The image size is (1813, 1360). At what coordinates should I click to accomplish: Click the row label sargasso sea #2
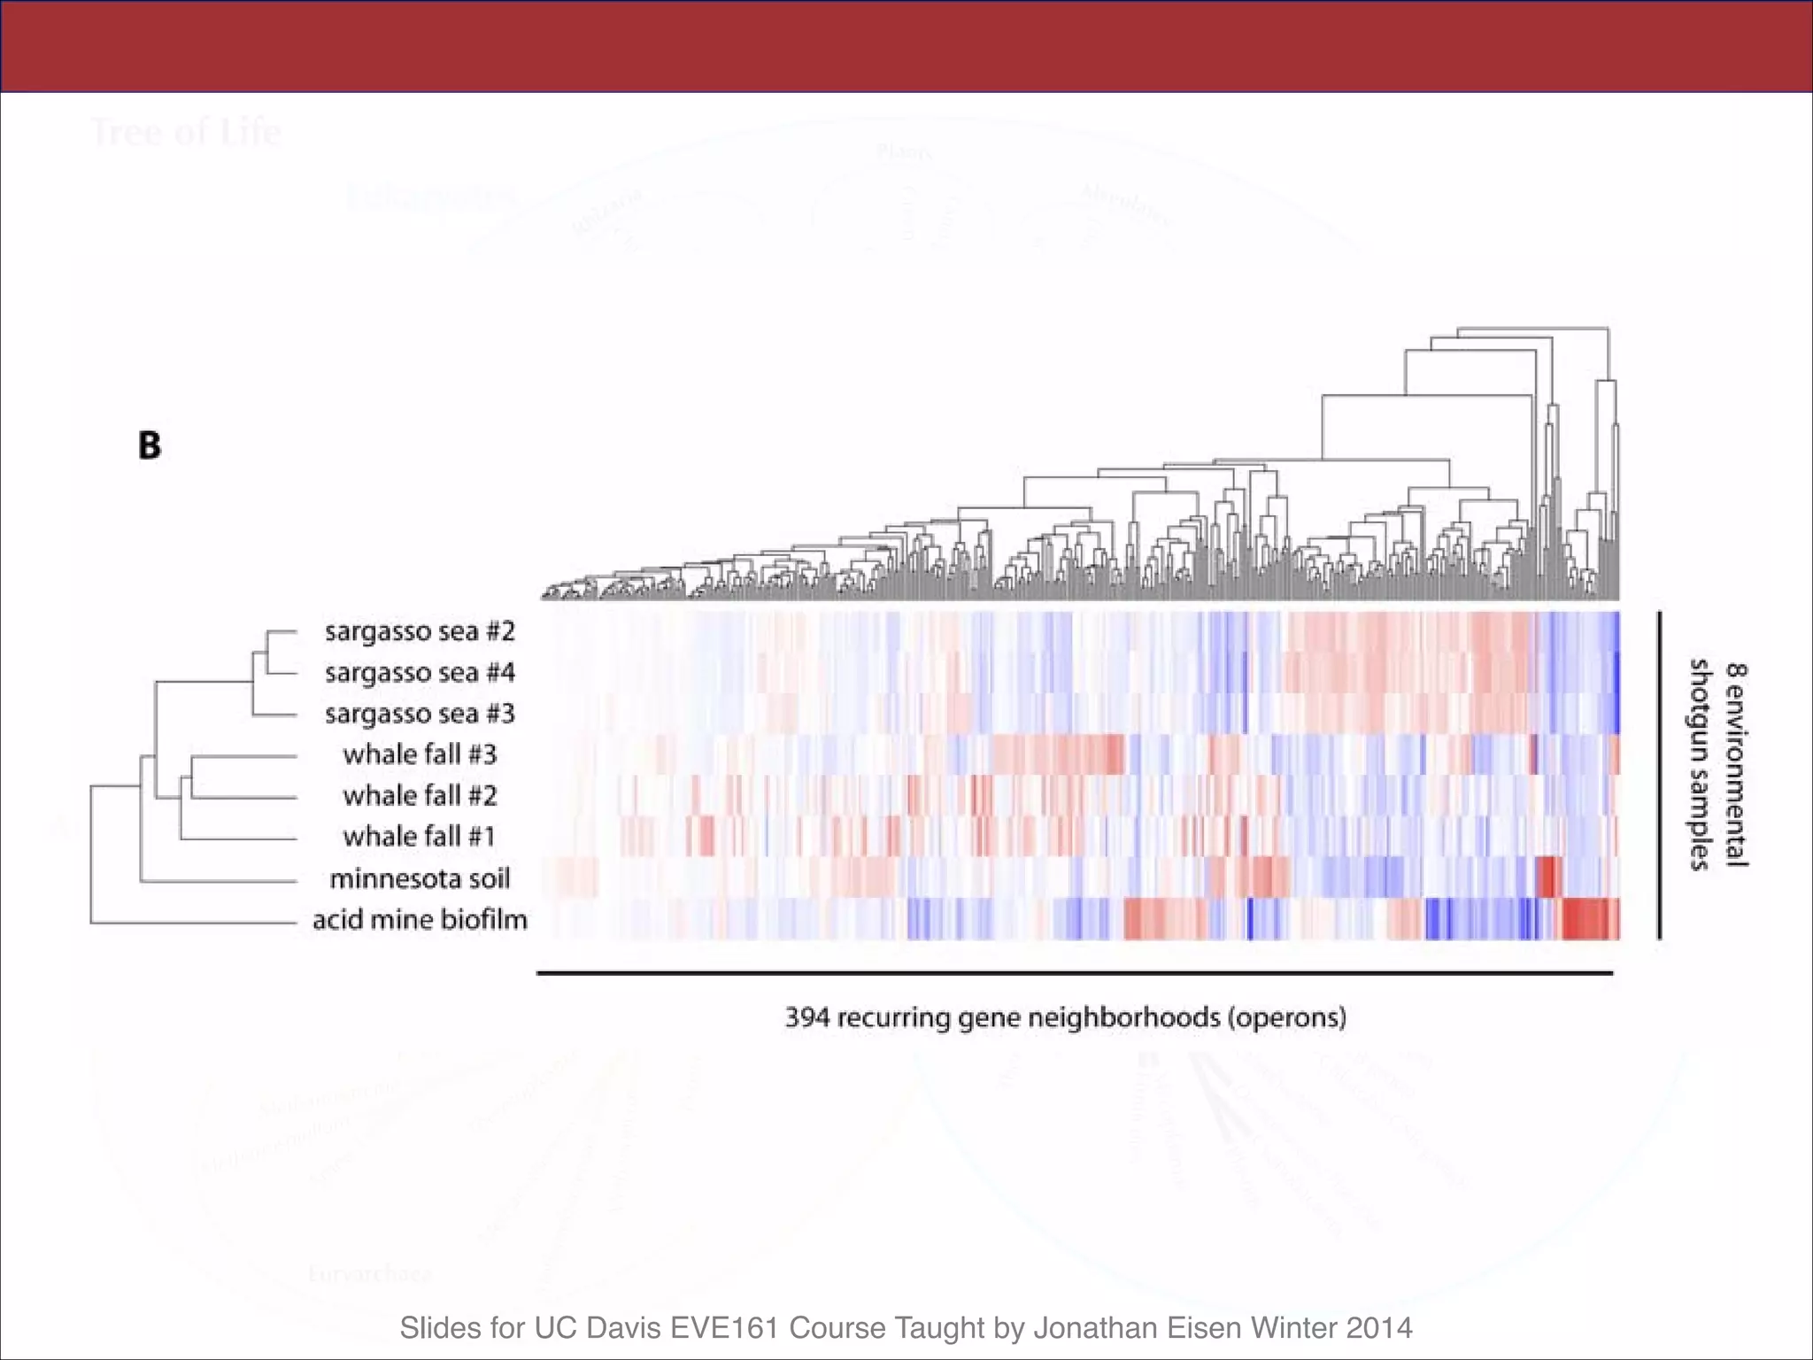[x=420, y=631]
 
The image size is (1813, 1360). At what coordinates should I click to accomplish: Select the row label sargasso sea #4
[x=420, y=673]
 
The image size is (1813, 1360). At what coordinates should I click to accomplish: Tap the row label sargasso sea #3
[x=420, y=714]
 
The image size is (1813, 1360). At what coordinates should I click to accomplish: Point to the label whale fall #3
[x=420, y=754]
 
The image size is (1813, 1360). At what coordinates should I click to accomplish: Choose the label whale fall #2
[x=420, y=795]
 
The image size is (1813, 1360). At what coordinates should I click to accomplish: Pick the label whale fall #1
[x=420, y=836]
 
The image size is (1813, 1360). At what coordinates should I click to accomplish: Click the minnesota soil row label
[x=420, y=878]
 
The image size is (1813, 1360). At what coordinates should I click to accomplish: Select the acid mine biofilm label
[x=420, y=919]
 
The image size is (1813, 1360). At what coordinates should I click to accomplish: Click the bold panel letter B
[x=150, y=444]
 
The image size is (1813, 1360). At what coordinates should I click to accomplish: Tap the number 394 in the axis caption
[x=807, y=1016]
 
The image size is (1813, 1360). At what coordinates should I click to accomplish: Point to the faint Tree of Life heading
[x=186, y=133]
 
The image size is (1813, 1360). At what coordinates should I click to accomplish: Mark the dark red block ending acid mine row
[x=1591, y=918]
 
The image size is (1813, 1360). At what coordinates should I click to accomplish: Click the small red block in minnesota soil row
[x=1547, y=877]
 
